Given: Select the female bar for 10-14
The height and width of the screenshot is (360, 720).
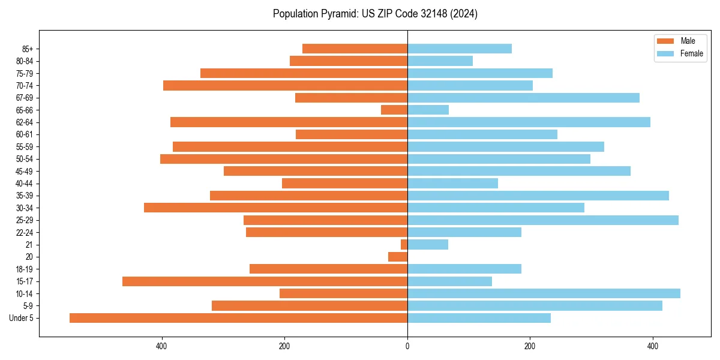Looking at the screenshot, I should pyautogui.click(x=544, y=293).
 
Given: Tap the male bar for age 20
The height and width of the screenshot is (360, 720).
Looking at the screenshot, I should pyautogui.click(x=398, y=257).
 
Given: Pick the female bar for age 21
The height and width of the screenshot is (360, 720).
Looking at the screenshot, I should pyautogui.click(x=428, y=244).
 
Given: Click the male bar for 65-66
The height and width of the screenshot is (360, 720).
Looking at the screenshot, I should pyautogui.click(x=394, y=110).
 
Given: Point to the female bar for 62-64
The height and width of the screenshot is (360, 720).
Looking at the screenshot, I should pyautogui.click(x=529, y=122).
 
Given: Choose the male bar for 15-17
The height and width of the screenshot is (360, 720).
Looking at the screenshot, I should pyautogui.click(x=265, y=281).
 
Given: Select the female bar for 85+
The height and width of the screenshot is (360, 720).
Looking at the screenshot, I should pyautogui.click(x=460, y=49).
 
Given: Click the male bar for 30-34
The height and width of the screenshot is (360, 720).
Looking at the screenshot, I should pyautogui.click(x=275, y=208).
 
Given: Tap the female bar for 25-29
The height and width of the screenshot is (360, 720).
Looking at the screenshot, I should pyautogui.click(x=543, y=220).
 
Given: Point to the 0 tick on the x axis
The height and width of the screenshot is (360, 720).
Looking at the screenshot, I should pyautogui.click(x=407, y=346).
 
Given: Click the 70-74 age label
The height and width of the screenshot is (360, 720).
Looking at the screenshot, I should pyautogui.click(x=25, y=85).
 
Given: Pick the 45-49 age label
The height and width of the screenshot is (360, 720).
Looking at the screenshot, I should pyautogui.click(x=25, y=171).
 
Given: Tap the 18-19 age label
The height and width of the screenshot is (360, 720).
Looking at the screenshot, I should pyautogui.click(x=25, y=269).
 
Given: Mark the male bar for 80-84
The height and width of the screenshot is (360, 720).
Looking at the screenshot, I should pyautogui.click(x=349, y=61).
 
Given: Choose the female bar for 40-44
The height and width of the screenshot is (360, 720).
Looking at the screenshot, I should pyautogui.click(x=452, y=183).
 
